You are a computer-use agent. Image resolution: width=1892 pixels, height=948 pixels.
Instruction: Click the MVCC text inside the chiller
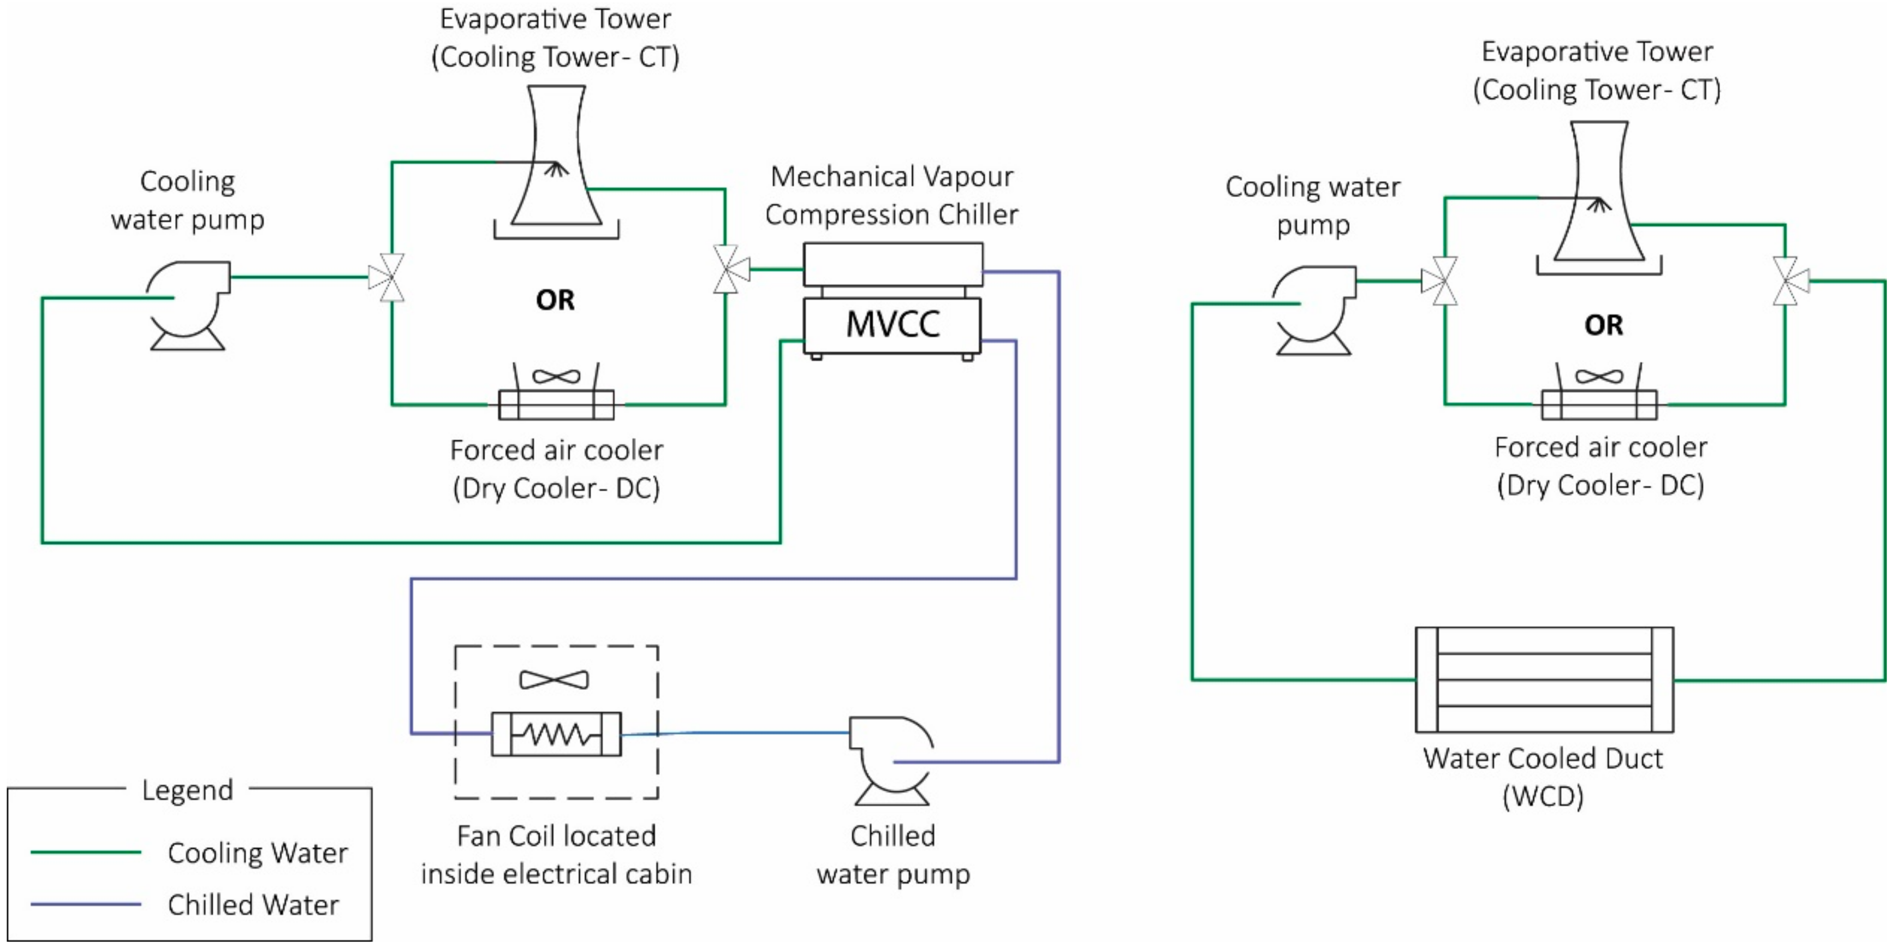pos(893,324)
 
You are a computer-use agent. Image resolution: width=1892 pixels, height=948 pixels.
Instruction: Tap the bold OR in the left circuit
pos(555,300)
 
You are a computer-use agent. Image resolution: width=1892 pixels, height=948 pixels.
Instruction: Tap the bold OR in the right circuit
pos(1603,325)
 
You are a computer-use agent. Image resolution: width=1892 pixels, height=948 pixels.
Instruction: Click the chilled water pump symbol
pos(891,760)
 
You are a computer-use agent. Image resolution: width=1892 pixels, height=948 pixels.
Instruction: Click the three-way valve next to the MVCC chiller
pos(729,270)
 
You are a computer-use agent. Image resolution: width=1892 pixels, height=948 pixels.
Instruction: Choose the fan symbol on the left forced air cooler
pos(556,377)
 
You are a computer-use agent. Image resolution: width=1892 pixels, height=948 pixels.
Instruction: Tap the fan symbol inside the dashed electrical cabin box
pos(554,680)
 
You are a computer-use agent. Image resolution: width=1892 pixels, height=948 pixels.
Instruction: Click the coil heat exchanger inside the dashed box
pos(556,734)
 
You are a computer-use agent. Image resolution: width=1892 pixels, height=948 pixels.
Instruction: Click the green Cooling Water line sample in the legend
pos(85,852)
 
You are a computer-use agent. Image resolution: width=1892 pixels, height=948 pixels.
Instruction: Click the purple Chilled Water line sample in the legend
pos(85,904)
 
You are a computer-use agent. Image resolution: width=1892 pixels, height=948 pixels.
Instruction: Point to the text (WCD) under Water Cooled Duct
pos(1543,796)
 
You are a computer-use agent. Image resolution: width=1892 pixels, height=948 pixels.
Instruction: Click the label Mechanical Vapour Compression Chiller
pos(891,195)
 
